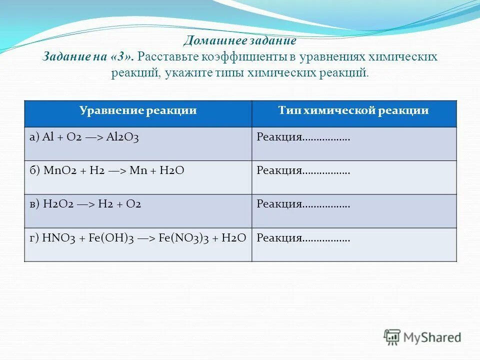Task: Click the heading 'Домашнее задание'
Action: coord(239,40)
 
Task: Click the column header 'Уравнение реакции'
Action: coord(138,110)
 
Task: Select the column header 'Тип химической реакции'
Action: coord(353,110)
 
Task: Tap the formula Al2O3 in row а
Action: coord(122,137)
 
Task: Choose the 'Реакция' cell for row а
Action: coord(303,137)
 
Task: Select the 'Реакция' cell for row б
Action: coord(303,170)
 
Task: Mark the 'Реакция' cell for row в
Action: coord(303,204)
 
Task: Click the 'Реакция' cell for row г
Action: coord(303,237)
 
